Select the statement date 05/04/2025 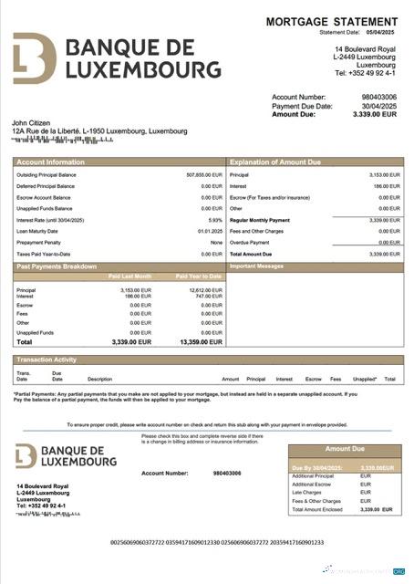383,32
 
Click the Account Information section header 52,162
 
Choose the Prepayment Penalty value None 216,243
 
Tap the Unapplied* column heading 365,378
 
